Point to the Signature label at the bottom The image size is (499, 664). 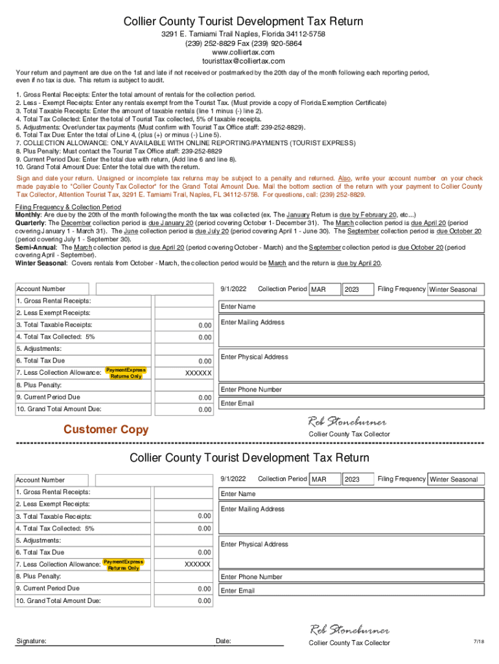[31, 641]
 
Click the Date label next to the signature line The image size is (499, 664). [224, 641]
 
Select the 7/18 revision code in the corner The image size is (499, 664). [479, 642]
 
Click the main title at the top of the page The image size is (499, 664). [243, 22]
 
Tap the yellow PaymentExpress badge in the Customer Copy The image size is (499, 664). [126, 373]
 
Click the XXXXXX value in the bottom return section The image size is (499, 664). [198, 565]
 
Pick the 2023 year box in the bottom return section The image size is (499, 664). [358, 480]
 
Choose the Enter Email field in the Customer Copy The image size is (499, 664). [351, 403]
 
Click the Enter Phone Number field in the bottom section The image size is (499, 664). [351, 576]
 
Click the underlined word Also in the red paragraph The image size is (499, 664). [345, 178]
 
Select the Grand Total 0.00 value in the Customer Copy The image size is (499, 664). [205, 410]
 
